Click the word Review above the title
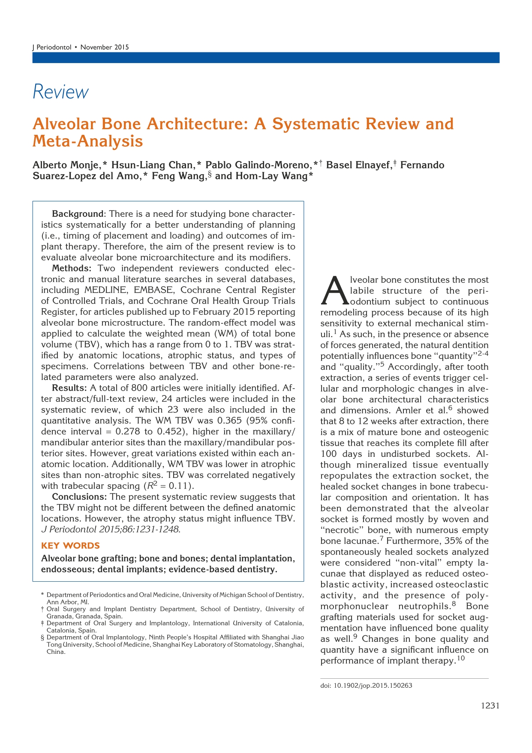tap(60, 92)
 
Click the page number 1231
tap(490, 706)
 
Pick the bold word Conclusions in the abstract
tap(79, 497)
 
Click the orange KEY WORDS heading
tap(70, 546)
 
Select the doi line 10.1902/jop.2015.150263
tap(366, 686)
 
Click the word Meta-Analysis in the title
tap(88, 141)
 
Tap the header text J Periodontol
tap(52, 47)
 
